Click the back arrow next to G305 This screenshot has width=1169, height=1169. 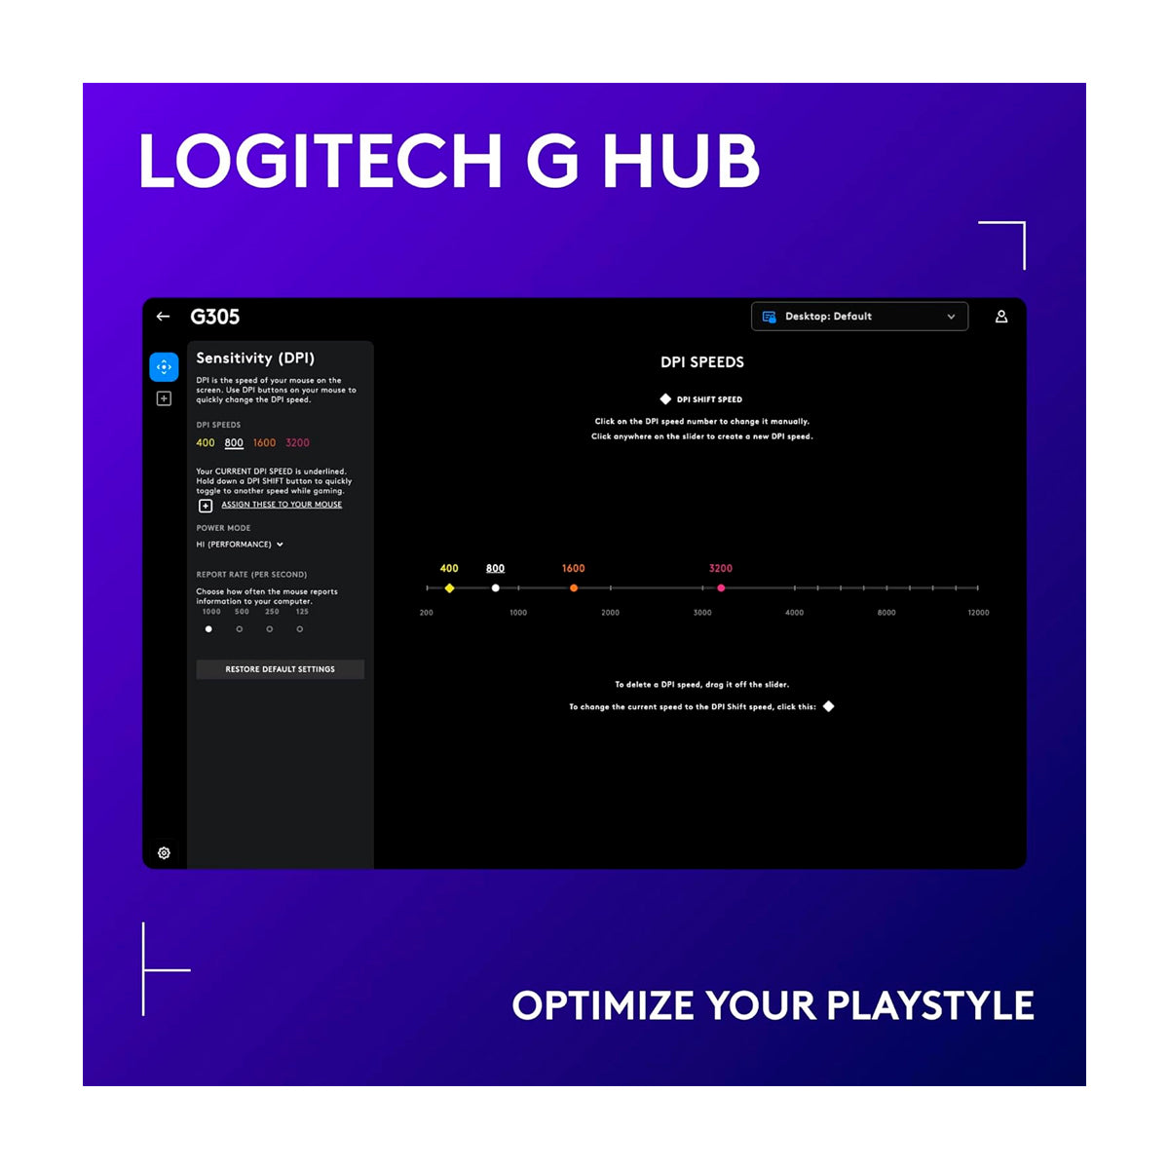point(163,316)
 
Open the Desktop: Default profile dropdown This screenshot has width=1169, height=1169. point(859,316)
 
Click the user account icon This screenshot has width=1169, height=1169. point(1001,316)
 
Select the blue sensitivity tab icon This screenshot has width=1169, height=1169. point(164,367)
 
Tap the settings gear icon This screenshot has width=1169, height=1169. point(164,853)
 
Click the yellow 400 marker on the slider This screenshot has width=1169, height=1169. point(449,587)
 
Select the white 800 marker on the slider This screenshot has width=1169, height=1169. point(496,587)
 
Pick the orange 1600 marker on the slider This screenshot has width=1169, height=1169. point(573,587)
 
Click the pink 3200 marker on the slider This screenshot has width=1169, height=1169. point(721,587)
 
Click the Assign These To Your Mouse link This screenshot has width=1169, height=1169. point(282,505)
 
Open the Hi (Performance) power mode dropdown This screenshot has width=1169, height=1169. point(240,545)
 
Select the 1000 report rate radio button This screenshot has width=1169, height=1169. point(208,629)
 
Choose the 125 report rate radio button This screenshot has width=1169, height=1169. point(300,629)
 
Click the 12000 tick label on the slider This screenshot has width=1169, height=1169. point(978,613)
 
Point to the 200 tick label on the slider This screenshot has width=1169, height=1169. point(427,613)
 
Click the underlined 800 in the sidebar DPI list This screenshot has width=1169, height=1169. point(234,443)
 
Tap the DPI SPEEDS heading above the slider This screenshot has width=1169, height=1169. point(701,362)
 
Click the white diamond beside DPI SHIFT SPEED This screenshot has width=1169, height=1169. point(665,399)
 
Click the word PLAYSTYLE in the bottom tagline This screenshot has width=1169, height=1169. point(930,1005)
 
